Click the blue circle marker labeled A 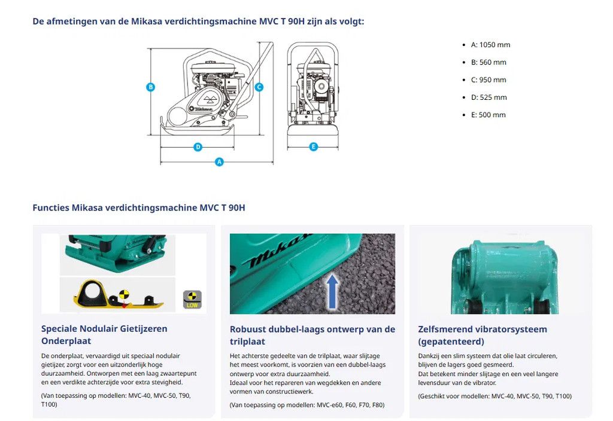tap(219, 161)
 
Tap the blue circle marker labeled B tap(151, 87)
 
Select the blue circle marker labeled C tap(259, 87)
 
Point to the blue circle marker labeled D tap(198, 147)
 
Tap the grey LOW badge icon tap(192, 299)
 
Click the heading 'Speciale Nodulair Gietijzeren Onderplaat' tap(104, 334)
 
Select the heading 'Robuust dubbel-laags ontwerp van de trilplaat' tap(312, 335)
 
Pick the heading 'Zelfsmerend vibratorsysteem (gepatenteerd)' tap(482, 335)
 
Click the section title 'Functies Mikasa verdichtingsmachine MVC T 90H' tap(139, 208)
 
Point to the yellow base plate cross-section tap(114, 295)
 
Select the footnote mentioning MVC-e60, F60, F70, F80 tap(306, 405)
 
